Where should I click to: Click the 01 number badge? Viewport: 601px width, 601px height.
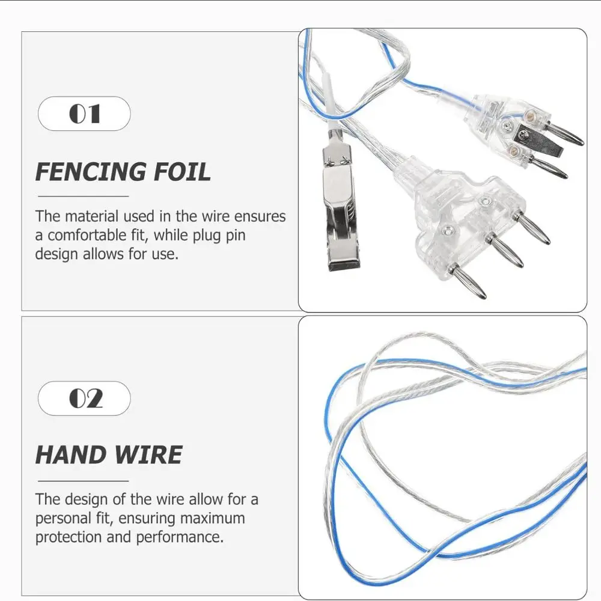84,114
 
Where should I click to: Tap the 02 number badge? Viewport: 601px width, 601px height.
84,398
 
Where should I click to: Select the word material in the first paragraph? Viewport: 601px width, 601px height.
92,216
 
